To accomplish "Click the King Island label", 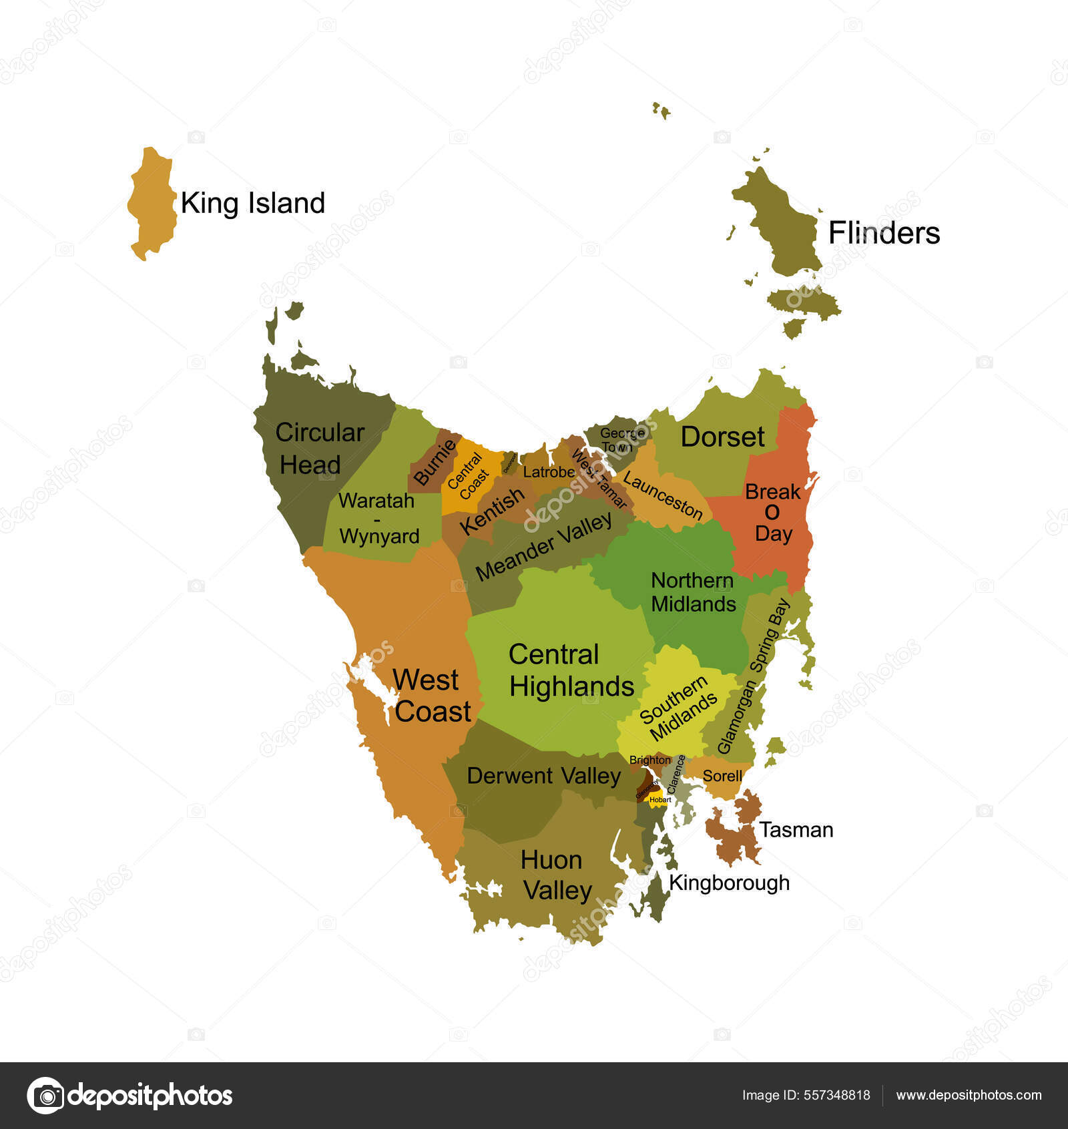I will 252,203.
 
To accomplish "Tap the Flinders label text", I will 884,233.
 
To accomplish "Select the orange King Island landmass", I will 153,204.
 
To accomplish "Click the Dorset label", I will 722,437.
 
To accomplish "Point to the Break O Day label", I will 772,513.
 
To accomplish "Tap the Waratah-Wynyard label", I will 378,518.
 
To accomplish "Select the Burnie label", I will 434,462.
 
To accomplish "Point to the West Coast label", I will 431,696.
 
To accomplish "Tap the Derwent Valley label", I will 543,776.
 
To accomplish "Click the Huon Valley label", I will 554,875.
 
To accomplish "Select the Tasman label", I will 796,830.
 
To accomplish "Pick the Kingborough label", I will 729,883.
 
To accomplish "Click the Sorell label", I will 722,776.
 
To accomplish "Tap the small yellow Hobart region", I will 659,799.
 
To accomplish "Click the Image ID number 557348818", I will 836,1095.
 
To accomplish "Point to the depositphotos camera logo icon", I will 45,1096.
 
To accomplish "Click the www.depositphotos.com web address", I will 969,1095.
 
